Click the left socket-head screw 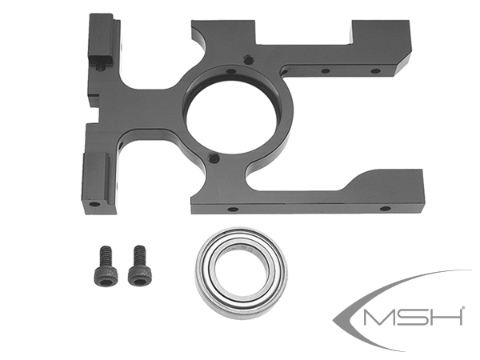pos(102,265)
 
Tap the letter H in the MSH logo pos(449,317)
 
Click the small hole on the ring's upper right pos(250,59)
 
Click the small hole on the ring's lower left pos(212,159)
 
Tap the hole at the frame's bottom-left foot pos(94,203)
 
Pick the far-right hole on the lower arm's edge pos(385,208)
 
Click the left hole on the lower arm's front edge pos(232,209)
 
